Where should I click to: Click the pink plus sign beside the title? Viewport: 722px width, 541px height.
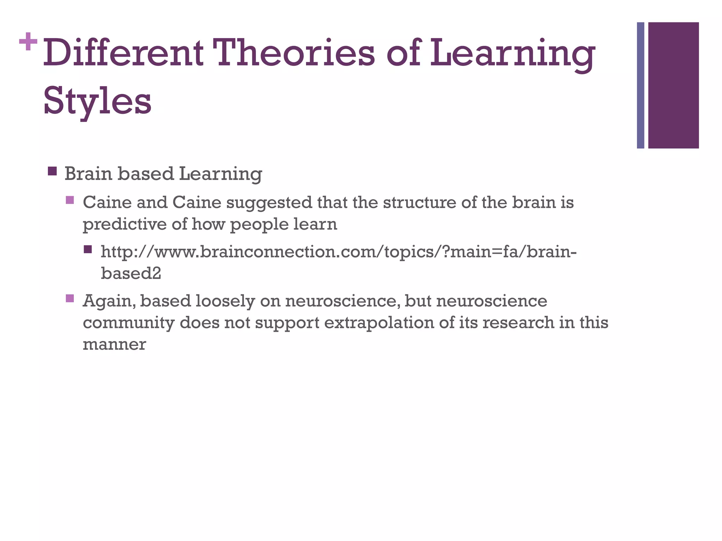(28, 42)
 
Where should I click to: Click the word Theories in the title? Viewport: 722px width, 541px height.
(295, 53)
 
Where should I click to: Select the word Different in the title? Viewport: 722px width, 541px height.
(123, 53)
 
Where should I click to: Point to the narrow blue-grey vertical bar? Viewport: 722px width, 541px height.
(641, 85)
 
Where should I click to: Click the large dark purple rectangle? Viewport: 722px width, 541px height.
(673, 85)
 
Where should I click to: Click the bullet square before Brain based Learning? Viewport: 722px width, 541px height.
(52, 172)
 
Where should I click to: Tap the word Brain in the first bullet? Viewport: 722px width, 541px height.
(89, 174)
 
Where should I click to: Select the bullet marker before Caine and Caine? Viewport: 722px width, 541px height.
(70, 200)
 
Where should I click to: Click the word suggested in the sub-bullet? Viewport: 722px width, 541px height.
(269, 203)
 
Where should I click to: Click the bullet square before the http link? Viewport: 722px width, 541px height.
(88, 250)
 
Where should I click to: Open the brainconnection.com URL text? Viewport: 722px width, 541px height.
(338, 252)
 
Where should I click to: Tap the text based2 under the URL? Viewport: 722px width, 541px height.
(131, 273)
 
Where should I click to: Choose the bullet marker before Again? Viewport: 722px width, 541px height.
(70, 299)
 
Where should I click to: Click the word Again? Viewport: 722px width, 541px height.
(109, 301)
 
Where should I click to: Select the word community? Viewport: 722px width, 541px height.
(128, 323)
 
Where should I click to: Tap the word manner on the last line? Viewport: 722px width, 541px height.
(114, 344)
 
